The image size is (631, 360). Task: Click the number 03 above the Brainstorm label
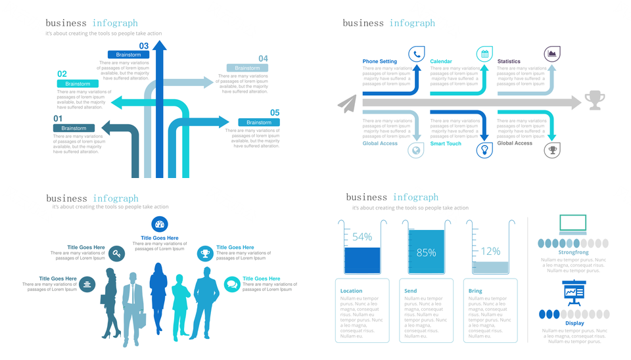(x=144, y=46)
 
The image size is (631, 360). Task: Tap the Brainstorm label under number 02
(x=78, y=84)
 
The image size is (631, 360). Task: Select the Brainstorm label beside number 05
(x=259, y=122)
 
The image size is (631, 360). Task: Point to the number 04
(x=263, y=58)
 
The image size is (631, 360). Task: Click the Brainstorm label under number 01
(x=74, y=128)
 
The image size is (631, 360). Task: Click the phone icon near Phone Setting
(x=417, y=54)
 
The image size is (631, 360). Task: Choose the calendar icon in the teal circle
(x=484, y=54)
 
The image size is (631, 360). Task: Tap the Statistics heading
(x=509, y=62)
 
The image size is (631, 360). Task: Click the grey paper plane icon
(x=347, y=102)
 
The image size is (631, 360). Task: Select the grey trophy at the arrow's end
(x=594, y=100)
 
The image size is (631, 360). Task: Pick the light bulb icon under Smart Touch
(x=484, y=150)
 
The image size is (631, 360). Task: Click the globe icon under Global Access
(x=416, y=150)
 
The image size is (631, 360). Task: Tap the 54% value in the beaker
(x=362, y=236)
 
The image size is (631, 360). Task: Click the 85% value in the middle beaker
(x=426, y=252)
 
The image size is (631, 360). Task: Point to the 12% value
(x=490, y=251)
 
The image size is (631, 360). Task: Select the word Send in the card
(x=410, y=291)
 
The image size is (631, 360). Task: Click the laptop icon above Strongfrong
(x=573, y=225)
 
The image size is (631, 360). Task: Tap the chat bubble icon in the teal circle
(x=231, y=284)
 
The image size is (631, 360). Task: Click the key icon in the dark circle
(x=116, y=254)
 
